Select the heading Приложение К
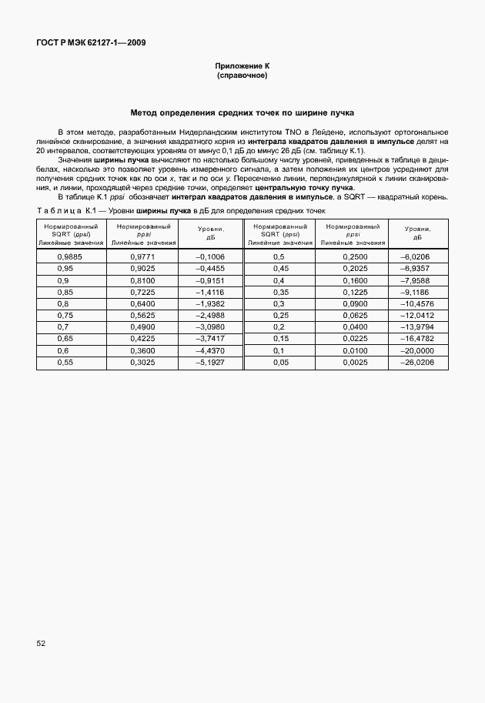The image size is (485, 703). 242,68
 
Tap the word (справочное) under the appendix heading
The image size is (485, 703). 242,77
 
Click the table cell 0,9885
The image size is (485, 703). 70,256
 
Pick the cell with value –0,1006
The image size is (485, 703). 210,256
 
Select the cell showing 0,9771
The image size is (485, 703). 142,256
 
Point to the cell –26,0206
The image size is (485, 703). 419,362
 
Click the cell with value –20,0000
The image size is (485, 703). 419,350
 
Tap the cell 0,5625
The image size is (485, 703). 142,315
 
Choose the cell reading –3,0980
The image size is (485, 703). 210,326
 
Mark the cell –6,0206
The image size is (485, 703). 419,256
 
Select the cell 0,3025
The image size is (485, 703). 142,362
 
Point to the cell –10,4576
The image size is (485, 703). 419,303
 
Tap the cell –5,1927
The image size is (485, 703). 210,362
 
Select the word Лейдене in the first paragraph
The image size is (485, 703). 333,133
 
